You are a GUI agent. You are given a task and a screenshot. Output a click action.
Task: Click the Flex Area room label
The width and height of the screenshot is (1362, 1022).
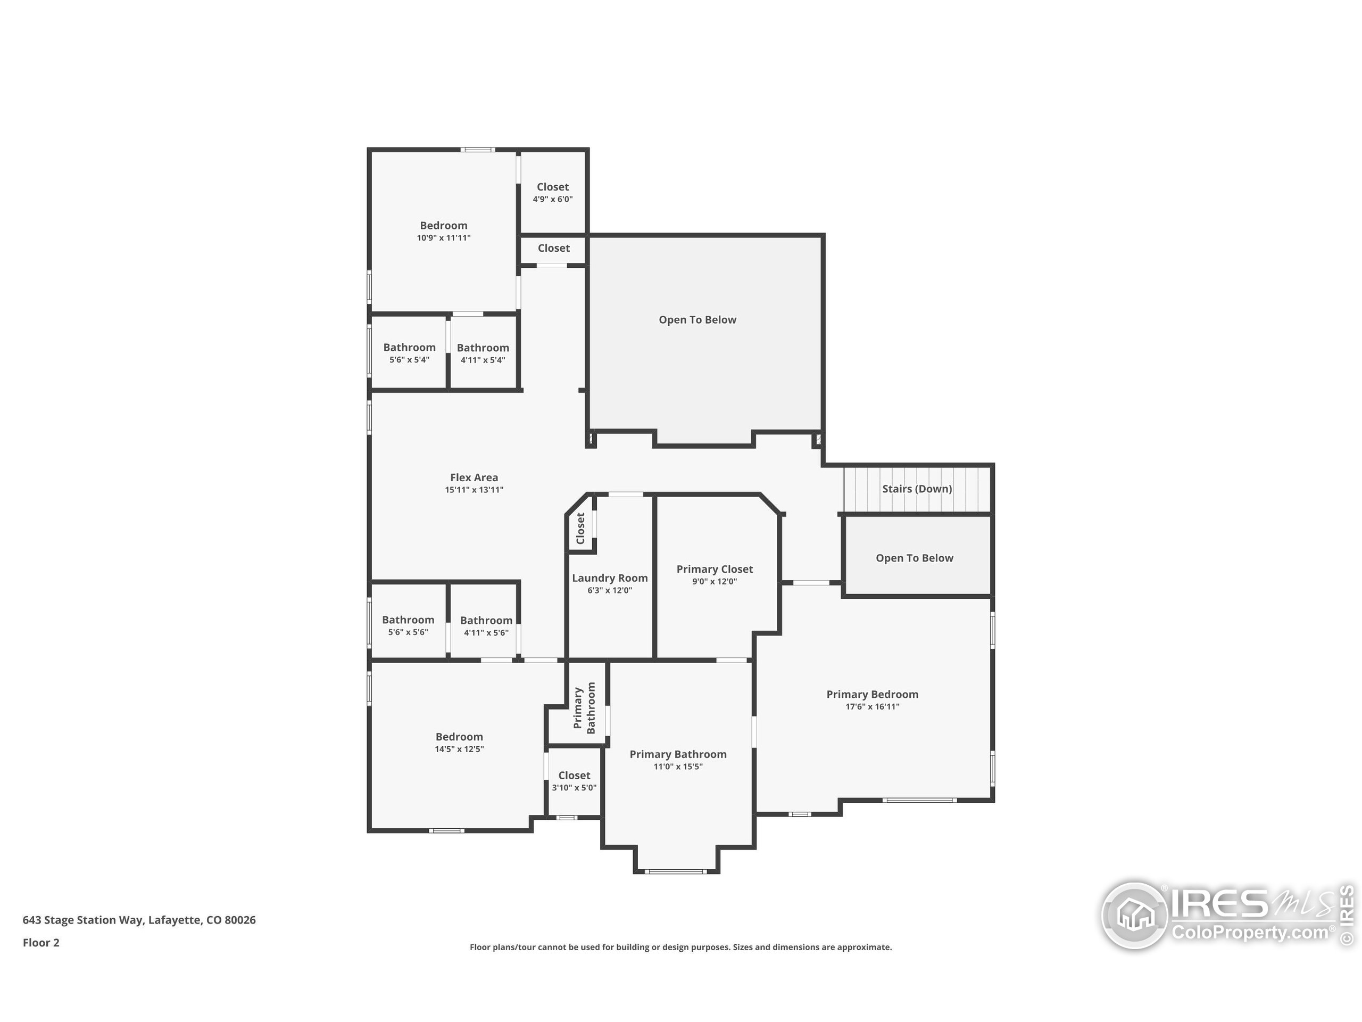[474, 477]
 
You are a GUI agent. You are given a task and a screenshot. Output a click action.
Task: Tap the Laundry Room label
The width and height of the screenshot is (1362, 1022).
[610, 578]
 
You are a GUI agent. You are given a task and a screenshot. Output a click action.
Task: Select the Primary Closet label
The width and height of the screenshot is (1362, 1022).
[714, 569]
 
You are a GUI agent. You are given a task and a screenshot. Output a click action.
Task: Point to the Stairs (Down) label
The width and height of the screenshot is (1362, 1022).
[917, 489]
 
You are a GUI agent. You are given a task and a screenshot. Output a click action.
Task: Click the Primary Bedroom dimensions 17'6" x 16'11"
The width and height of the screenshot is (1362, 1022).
[872, 706]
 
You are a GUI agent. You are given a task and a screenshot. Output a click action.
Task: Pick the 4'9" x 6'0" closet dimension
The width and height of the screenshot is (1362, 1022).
[552, 199]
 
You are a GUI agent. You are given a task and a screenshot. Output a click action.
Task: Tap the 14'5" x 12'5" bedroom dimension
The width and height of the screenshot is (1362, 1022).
[459, 749]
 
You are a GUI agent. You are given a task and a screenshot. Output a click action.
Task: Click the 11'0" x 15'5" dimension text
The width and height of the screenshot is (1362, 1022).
[678, 767]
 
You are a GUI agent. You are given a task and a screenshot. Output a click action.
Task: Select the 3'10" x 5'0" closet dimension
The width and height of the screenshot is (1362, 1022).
[574, 787]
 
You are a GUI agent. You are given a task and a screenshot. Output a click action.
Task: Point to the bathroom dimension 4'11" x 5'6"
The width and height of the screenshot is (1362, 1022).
[486, 633]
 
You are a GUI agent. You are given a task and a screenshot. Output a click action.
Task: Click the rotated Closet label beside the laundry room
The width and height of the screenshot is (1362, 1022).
[580, 529]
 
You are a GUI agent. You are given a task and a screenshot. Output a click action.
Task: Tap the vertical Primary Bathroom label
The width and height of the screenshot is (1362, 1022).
[584, 708]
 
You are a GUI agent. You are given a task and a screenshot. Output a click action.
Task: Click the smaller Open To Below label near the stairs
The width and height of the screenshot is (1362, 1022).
[915, 558]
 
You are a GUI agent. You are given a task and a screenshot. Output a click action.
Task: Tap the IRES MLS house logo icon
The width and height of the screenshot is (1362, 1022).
[1134, 916]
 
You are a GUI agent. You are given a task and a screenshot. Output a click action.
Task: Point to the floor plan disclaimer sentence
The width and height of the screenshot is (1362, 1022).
[680, 947]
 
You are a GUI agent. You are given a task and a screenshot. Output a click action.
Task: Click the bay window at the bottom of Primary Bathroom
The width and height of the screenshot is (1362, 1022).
[676, 871]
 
